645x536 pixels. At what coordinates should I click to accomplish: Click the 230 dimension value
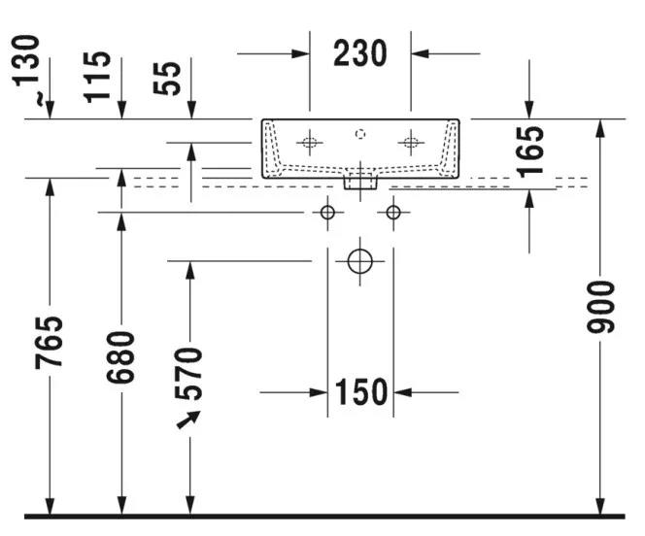coord(360,53)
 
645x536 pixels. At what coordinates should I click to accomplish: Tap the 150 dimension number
coord(361,391)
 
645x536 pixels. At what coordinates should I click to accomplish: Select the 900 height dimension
coord(600,307)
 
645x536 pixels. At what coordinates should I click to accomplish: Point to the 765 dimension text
coord(49,343)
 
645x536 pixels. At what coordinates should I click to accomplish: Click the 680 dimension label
coord(120,357)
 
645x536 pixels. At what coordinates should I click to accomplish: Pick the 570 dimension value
coord(188,374)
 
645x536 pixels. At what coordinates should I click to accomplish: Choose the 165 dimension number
coord(530,152)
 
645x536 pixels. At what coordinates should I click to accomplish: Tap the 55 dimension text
coord(167,78)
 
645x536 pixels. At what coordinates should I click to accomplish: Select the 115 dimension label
coord(97,77)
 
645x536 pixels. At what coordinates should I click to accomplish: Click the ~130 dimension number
coord(26,70)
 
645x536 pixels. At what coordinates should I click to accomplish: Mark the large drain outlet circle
coord(360,261)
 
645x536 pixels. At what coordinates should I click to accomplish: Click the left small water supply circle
coord(327,213)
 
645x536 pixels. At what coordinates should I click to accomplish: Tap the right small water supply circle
coord(393,213)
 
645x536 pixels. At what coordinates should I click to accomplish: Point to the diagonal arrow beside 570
coord(188,419)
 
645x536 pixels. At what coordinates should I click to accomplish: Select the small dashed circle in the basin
coord(360,134)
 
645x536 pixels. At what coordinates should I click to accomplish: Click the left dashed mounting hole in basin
coord(309,143)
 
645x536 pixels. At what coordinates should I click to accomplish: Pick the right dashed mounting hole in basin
coord(411,143)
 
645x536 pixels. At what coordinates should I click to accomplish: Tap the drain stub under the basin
coord(360,183)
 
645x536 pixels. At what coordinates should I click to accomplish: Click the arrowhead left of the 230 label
coord(300,53)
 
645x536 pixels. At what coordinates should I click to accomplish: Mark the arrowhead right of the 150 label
coord(402,392)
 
